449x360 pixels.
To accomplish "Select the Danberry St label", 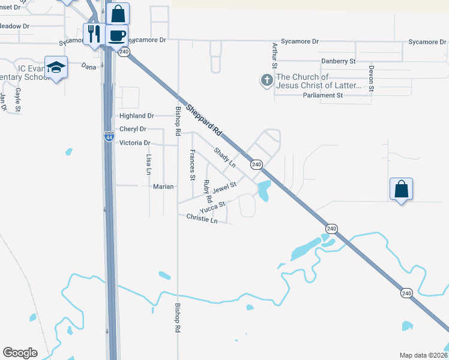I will pos(339,61).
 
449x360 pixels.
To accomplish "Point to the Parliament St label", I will pos(322,95).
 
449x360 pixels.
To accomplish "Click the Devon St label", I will pos(372,78).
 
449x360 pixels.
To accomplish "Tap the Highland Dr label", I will pos(137,116).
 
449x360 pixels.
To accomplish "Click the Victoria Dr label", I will pos(134,143).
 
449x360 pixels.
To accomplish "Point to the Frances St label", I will pos(192,165).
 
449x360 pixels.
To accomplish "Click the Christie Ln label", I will pos(202,218).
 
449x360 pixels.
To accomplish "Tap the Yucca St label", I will pos(212,207).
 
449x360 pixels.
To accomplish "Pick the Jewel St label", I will pos(225,188).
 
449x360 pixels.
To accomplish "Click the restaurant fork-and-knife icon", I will pos(93,34).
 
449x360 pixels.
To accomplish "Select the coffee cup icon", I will pos(116,35).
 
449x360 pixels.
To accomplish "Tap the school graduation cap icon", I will pos(56,67).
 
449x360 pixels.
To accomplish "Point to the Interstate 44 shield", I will pos(109,137).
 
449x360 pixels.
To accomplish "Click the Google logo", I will pos(20,353).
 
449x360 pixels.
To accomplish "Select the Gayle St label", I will pos(18,100).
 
